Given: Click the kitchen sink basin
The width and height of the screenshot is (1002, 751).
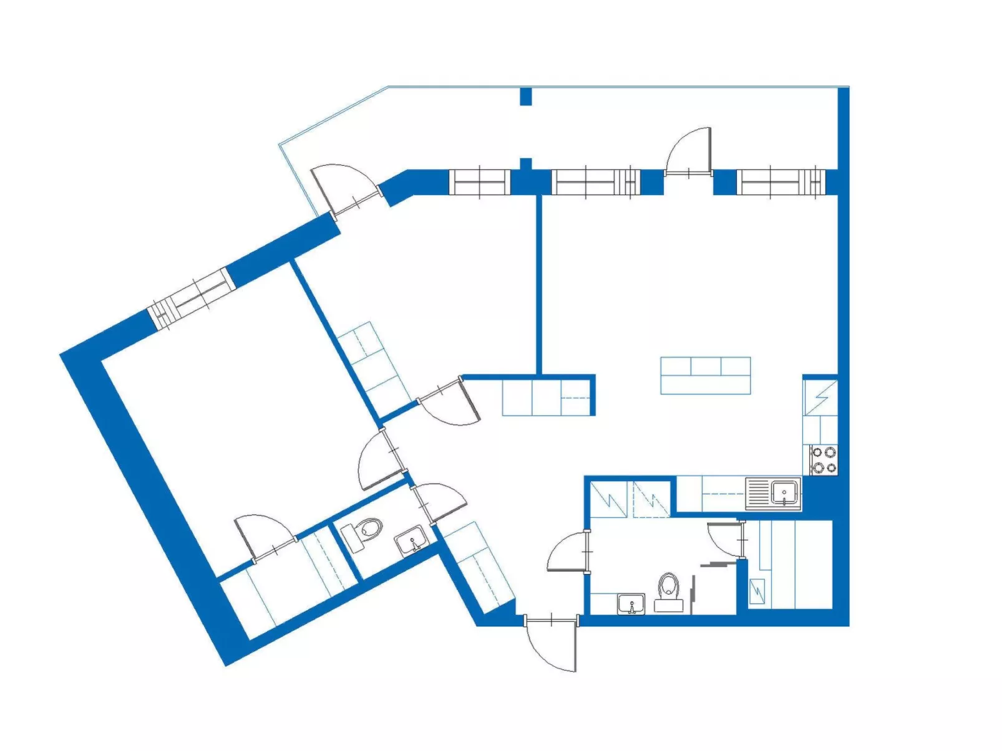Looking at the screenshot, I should (784, 492).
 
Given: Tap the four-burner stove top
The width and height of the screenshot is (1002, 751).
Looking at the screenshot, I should (824, 460).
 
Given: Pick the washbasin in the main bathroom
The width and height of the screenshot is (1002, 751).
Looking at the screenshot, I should (631, 604).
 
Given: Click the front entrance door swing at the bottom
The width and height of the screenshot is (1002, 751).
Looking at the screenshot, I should (552, 645).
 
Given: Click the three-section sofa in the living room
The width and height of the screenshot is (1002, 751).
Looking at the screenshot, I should (705, 375).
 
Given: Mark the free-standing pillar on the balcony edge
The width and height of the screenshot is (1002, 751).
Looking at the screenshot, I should (526, 96).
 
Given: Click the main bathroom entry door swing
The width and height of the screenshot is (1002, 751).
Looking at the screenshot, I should (569, 552).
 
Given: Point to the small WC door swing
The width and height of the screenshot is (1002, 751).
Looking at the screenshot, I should (440, 500).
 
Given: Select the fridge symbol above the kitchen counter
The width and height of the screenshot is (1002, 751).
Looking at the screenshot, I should (820, 397).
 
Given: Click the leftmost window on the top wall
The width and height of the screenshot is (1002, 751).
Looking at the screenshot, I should (479, 182).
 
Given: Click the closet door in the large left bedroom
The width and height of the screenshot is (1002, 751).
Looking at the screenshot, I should (264, 536).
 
